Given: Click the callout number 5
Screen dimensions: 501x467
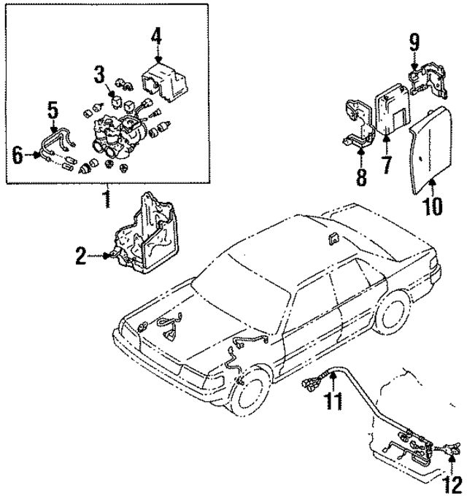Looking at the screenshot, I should (x=53, y=110).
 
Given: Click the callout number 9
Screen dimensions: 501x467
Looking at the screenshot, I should (x=414, y=43).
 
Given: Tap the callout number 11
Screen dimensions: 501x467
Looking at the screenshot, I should (x=333, y=399).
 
